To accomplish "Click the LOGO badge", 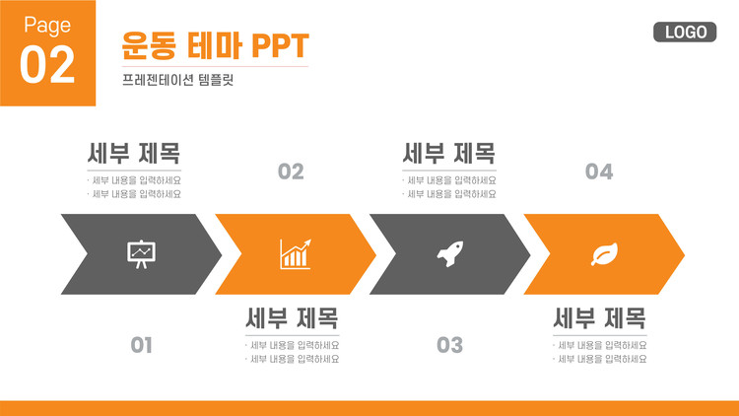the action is click(x=685, y=33).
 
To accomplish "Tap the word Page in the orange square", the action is click(x=47, y=26).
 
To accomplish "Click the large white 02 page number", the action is click(x=47, y=65).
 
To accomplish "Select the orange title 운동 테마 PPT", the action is click(x=215, y=45).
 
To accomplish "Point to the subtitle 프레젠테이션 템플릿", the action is click(x=177, y=80).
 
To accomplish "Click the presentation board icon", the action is click(x=141, y=254).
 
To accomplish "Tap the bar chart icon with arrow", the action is click(x=296, y=254).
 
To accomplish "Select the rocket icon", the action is click(x=450, y=254).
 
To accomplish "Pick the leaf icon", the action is click(x=605, y=254).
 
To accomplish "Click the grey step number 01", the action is click(x=141, y=345).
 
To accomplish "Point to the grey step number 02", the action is click(x=291, y=172).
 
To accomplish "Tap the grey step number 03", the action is click(x=449, y=345).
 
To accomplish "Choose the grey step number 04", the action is click(x=599, y=172).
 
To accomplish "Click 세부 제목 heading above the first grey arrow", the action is click(x=134, y=153).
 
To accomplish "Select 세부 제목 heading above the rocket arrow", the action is click(x=448, y=153).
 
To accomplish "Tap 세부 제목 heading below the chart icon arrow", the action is click(x=293, y=317).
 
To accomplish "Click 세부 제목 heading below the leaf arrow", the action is click(x=599, y=317).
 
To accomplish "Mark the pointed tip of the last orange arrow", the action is click(x=685, y=254).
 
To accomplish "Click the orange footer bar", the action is click(x=369, y=408).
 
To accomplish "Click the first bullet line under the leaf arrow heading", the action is click(x=600, y=345).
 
